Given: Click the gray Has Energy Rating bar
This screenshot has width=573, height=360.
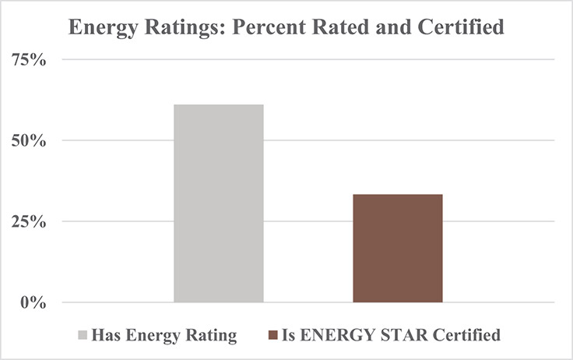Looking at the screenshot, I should click(x=219, y=203).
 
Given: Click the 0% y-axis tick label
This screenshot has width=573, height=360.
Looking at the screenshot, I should click(x=32, y=302).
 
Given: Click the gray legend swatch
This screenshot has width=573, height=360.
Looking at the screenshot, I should click(x=83, y=336).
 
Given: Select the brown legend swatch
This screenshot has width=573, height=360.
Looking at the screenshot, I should click(x=272, y=336).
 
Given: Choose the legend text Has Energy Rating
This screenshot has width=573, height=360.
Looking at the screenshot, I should click(x=163, y=336).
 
